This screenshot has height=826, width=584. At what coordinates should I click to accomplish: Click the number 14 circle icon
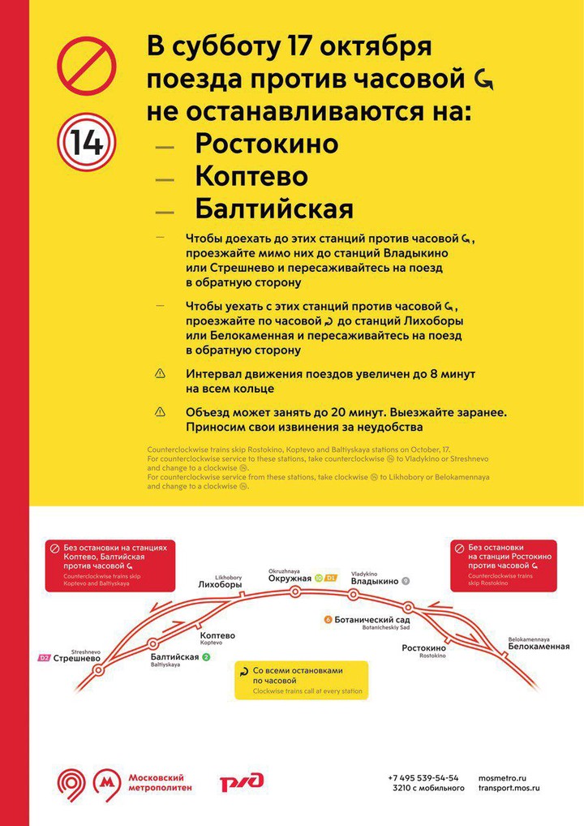(86, 142)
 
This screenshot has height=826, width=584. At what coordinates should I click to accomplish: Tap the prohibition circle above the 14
(86, 67)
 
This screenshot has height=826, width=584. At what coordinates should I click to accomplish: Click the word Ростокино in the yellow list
(266, 143)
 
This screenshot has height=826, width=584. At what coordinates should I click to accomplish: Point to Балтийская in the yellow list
(273, 209)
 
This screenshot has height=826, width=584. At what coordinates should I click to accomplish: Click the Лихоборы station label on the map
(220, 583)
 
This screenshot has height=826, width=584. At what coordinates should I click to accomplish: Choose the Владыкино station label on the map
(374, 581)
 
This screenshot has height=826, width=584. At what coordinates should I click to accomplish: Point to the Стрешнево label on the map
(77, 658)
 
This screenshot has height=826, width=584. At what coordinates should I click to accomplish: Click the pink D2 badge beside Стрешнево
(44, 658)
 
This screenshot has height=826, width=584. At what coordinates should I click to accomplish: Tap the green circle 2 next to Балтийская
(206, 656)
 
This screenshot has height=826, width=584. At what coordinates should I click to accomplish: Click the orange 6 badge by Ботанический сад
(328, 620)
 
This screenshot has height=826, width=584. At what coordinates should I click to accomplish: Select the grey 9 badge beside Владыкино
(406, 581)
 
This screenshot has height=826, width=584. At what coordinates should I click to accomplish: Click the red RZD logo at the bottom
(242, 781)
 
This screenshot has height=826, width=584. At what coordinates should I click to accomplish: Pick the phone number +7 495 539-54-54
(423, 777)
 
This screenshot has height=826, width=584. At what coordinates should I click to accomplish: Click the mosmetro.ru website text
(509, 777)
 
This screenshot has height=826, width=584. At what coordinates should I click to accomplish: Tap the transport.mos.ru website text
(509, 788)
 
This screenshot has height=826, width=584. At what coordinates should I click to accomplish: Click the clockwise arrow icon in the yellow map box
(243, 672)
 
